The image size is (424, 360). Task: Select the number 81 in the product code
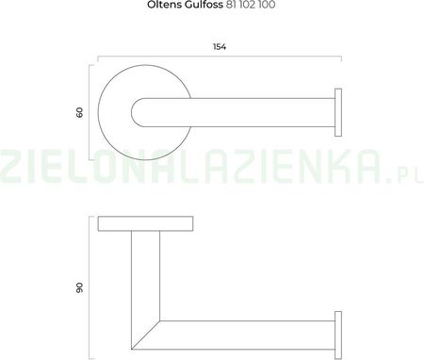pyautogui.click(x=230, y=5)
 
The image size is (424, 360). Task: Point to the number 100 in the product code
pyautogui.click(x=267, y=5)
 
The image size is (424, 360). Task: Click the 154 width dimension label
pyautogui.click(x=220, y=47)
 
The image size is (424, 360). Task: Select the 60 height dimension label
pyautogui.click(x=80, y=112)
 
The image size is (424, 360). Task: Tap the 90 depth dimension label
pyautogui.click(x=80, y=287)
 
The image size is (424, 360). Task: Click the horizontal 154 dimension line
pyautogui.click(x=220, y=57)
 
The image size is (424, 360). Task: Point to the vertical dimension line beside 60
pyautogui.click(x=90, y=112)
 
